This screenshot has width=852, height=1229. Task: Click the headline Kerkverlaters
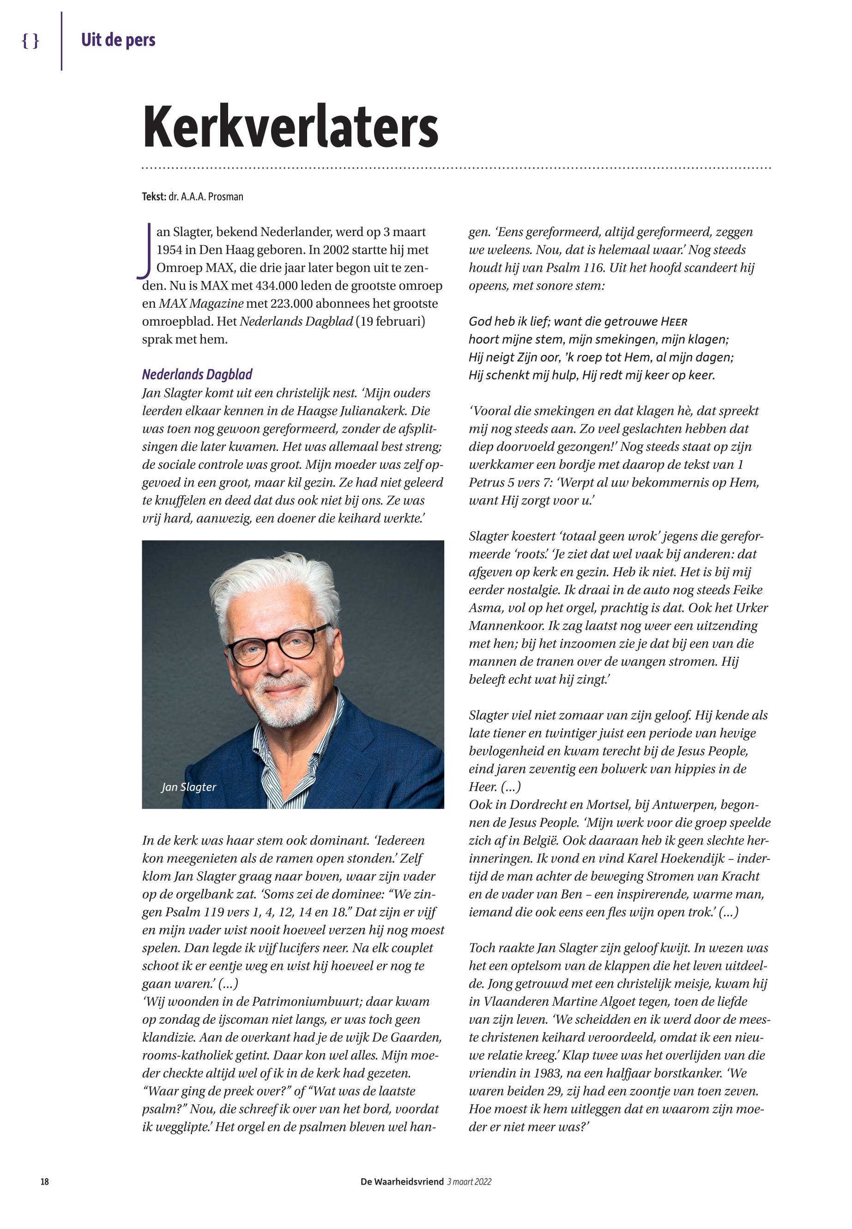tap(290, 127)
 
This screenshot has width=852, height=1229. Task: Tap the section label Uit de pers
tap(118, 40)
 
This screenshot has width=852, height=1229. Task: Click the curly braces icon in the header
tap(30, 41)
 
